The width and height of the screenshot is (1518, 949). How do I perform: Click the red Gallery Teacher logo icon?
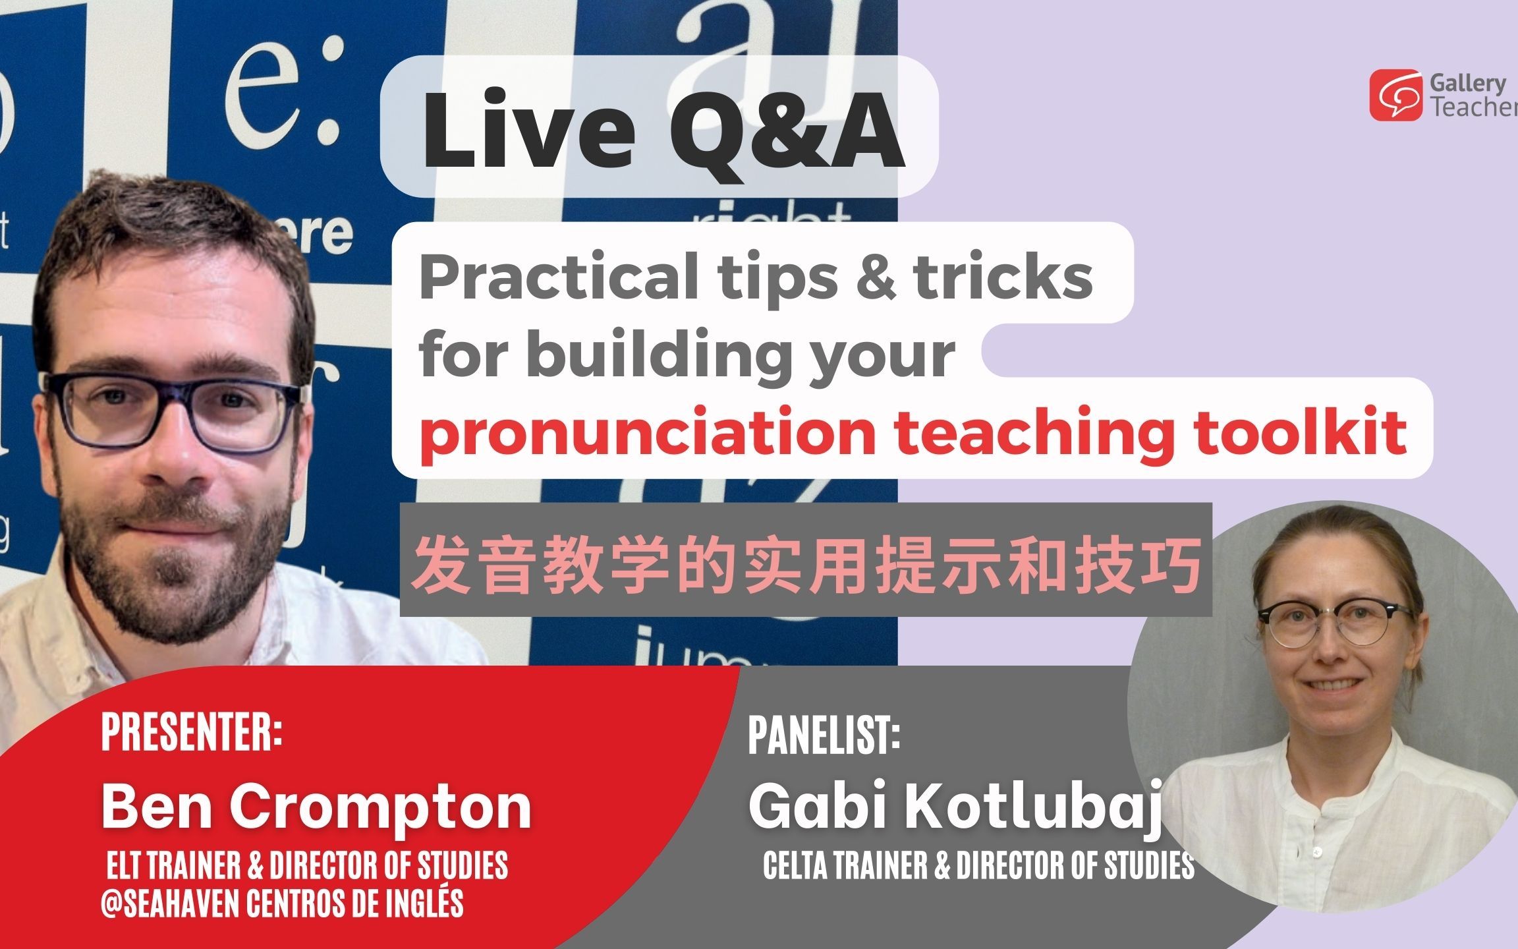[x=1396, y=96]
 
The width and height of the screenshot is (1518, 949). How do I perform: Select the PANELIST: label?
[x=824, y=735]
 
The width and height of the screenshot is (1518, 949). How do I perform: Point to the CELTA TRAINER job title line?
[x=978, y=865]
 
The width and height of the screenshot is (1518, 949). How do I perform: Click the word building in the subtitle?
[x=659, y=356]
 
